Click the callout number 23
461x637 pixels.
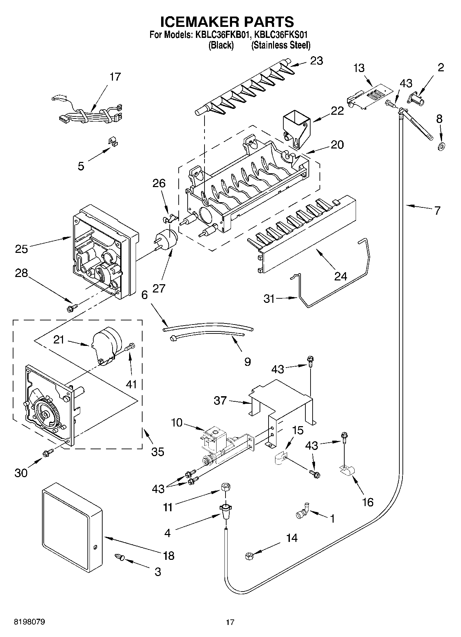316,61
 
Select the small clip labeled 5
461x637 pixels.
112,142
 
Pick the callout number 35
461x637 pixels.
158,451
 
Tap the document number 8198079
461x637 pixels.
29,622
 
